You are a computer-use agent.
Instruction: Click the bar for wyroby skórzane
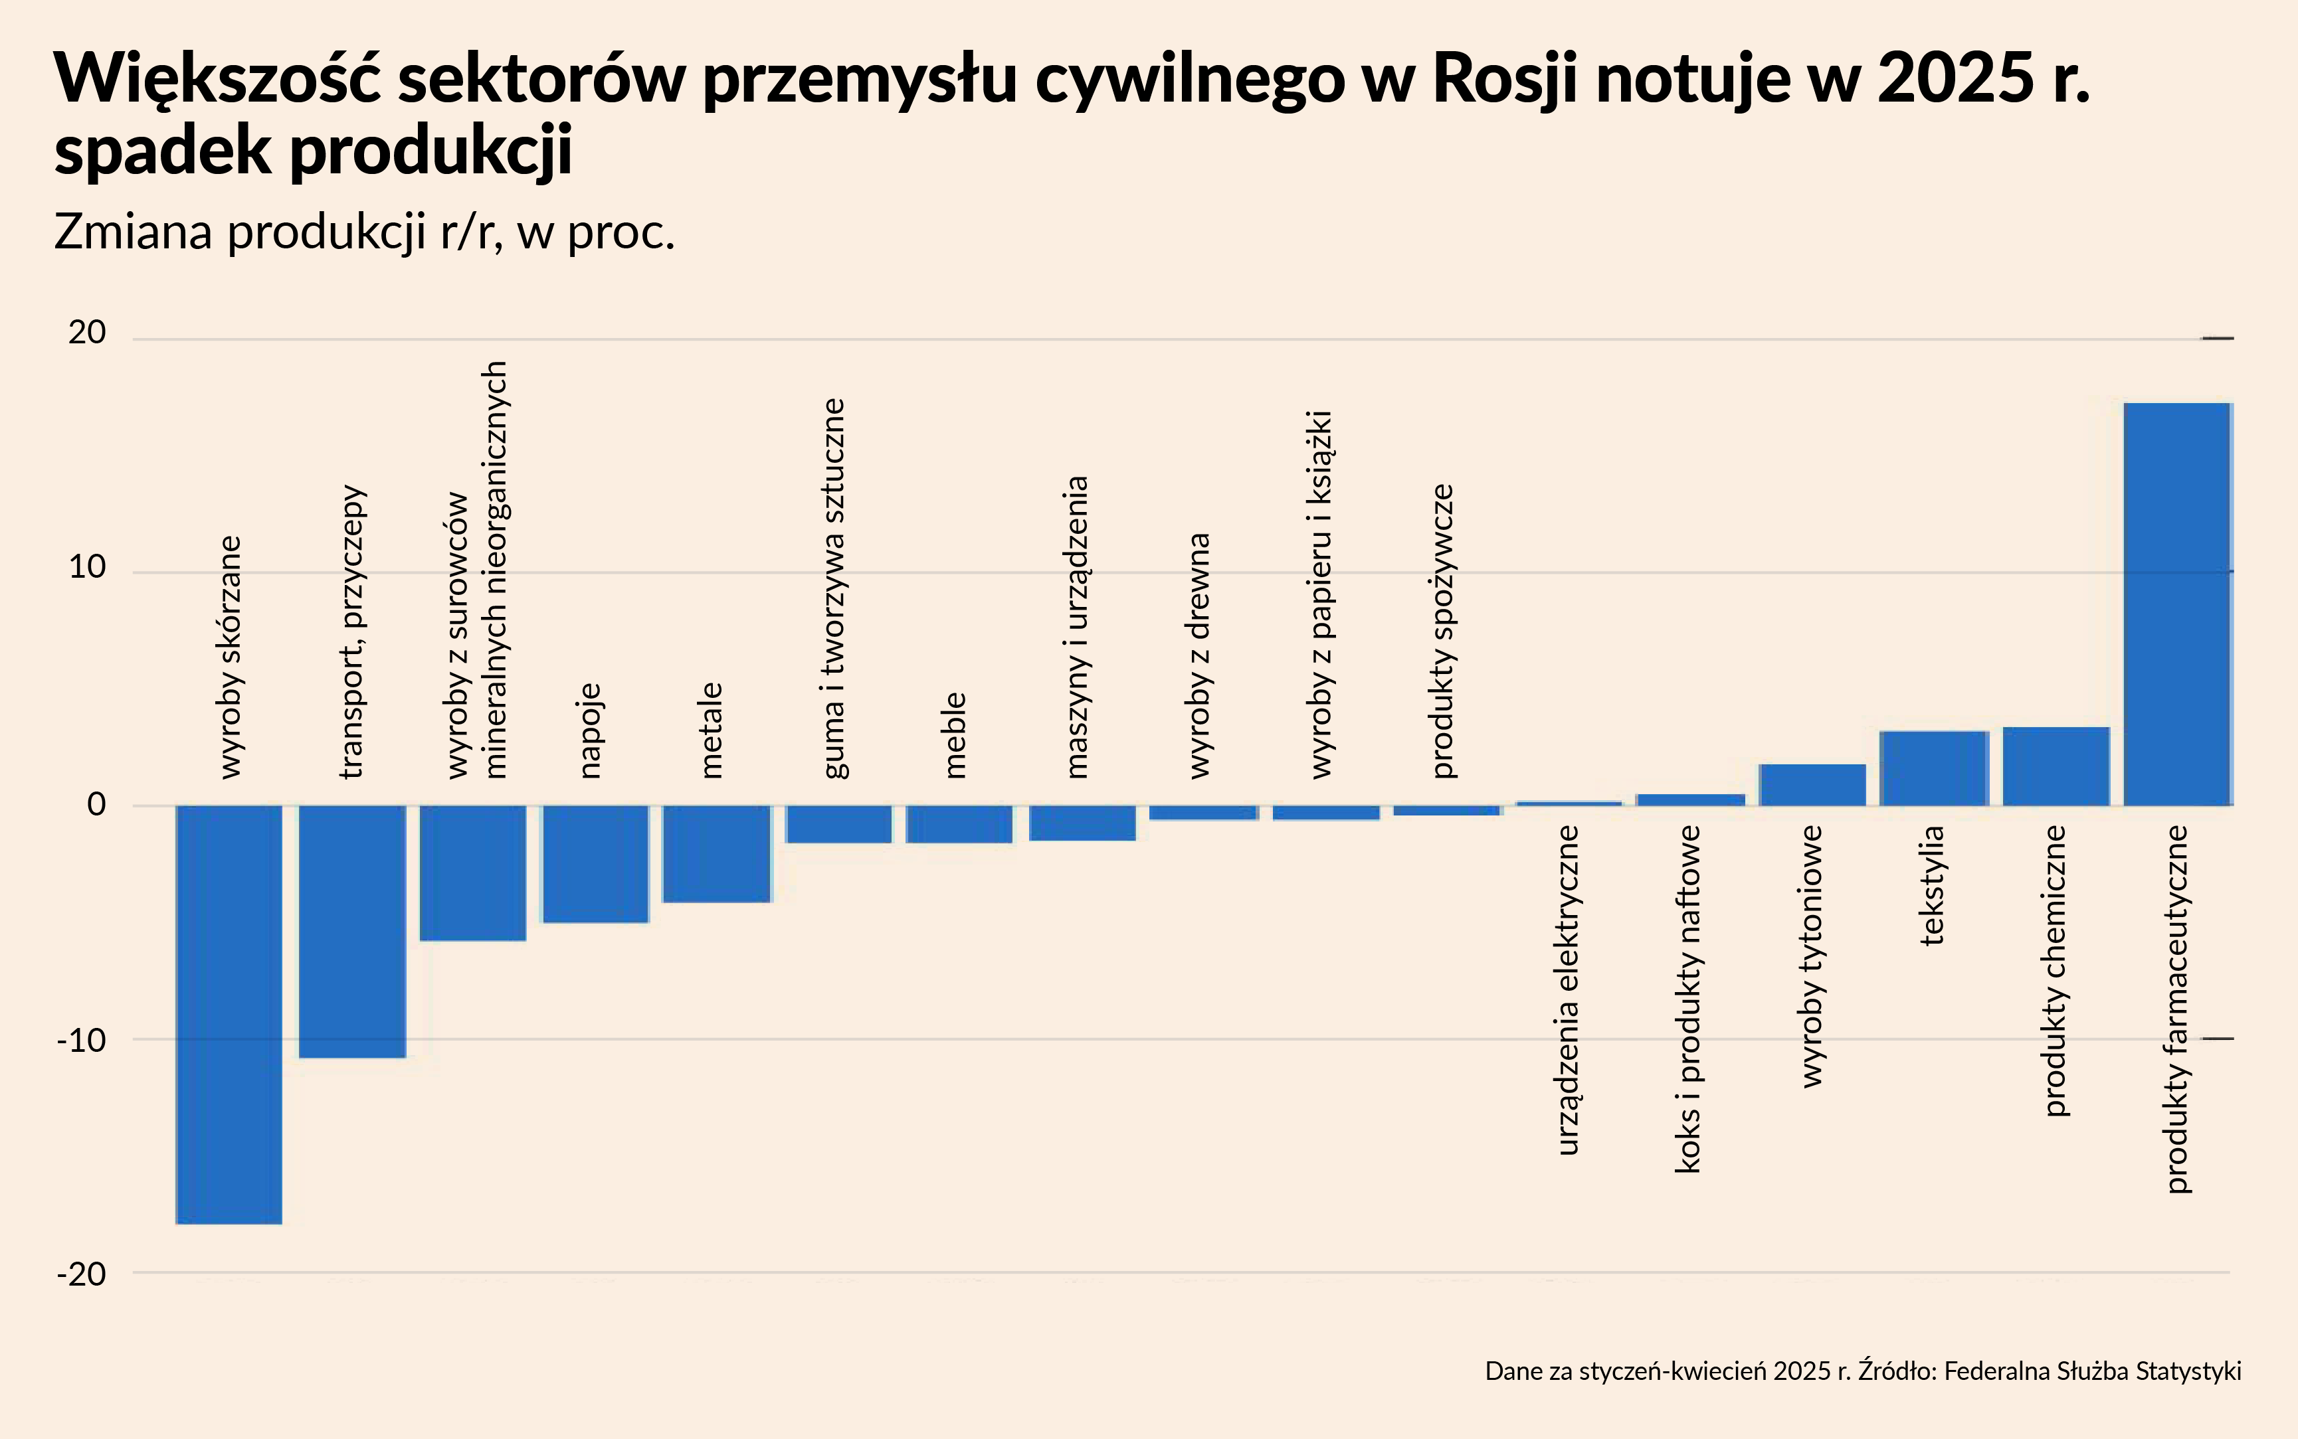coord(229,1013)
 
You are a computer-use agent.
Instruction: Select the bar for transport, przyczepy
coord(352,931)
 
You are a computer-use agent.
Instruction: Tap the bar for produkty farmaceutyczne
coord(2177,604)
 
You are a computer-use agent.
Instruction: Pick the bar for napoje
coord(595,863)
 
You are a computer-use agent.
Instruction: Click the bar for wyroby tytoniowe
coord(1812,784)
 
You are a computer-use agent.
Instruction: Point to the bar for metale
coord(716,853)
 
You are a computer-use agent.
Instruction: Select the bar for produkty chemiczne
coord(2056,766)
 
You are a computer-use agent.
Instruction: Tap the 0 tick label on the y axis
coord(96,804)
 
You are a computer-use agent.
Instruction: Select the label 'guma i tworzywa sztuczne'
coord(833,588)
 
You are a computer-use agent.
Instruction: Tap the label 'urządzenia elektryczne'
coord(1567,990)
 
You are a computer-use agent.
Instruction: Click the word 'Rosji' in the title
coord(1504,78)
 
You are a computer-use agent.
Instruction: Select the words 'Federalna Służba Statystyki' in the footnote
coord(2092,1371)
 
